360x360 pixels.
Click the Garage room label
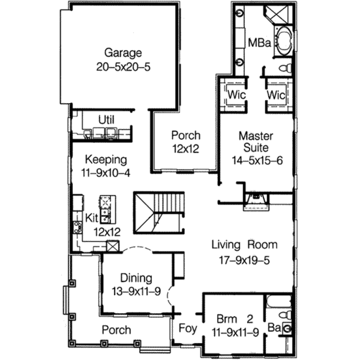click(x=123, y=53)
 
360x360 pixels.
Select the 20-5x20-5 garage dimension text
click(x=123, y=67)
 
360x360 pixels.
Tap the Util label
click(x=106, y=120)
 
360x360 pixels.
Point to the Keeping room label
click(x=106, y=159)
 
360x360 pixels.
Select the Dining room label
click(x=136, y=278)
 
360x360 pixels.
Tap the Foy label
click(x=188, y=328)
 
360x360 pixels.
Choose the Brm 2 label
click(x=234, y=319)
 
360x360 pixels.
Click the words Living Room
click(x=244, y=245)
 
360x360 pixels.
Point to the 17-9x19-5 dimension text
click(x=244, y=260)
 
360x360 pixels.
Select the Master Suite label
click(x=256, y=141)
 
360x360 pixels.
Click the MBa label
click(x=259, y=43)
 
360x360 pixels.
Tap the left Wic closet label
click(x=236, y=95)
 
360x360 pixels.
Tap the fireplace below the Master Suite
click(x=256, y=200)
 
